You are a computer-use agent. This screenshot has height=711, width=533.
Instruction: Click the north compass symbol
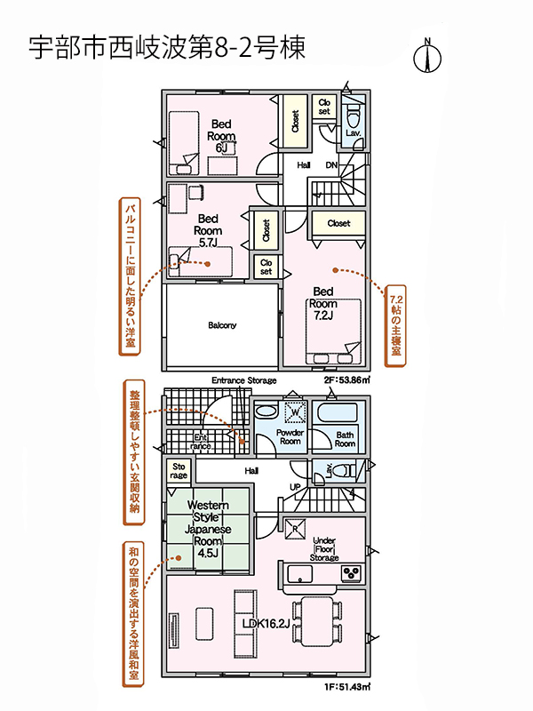pos(427,55)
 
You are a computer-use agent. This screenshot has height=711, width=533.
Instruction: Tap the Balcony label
pos(222,325)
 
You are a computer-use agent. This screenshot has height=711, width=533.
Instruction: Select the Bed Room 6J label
pos(221,136)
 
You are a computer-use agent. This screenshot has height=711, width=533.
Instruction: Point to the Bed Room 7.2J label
pos(323,303)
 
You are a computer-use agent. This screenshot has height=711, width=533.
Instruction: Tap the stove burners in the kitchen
pos(351,573)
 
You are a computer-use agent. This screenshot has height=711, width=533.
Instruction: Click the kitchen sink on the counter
pos(300,573)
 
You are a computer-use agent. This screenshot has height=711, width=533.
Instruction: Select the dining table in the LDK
pos(317,621)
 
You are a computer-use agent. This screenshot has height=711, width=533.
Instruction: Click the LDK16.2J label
pos(266,624)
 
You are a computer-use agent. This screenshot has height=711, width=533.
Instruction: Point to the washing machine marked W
pos(295,412)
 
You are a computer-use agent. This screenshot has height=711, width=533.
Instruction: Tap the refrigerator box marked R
pos(295,529)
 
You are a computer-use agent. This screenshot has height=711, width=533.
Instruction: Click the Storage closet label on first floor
pos(179,471)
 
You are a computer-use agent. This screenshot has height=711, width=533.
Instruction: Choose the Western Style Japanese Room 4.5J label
pos(208,529)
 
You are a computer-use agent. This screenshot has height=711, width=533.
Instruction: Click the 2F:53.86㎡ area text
pos(346,380)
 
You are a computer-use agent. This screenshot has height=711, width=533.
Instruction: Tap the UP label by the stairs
pos(295,487)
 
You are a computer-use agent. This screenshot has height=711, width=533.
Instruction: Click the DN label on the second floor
pos(331,165)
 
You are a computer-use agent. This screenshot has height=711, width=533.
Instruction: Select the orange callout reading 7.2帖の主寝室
pos(395,325)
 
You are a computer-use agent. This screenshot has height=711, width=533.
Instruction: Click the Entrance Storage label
pos(243,380)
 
